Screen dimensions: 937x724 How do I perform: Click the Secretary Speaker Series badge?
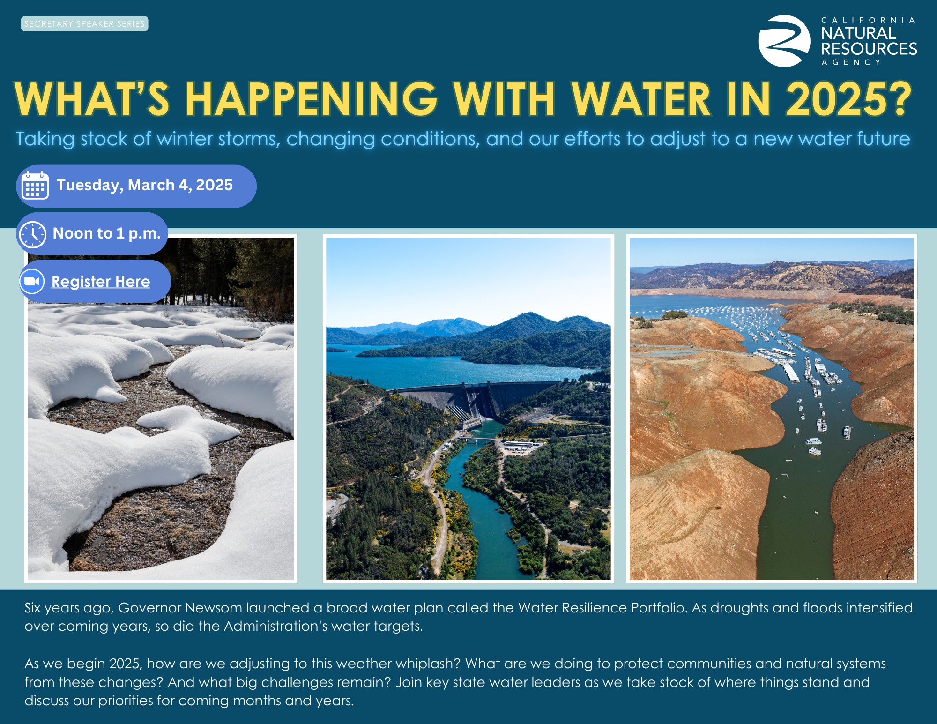(85, 24)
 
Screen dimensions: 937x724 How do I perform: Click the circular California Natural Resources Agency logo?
(784, 41)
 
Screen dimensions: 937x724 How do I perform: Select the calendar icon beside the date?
(35, 186)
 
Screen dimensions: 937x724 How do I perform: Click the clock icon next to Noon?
(32, 234)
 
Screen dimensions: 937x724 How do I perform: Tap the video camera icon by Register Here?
(32, 282)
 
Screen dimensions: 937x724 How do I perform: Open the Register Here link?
(101, 282)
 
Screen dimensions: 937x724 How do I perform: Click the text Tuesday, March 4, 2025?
(145, 185)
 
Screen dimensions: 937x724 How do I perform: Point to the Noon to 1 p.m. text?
(107, 233)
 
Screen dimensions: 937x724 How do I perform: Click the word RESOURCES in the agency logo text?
(869, 49)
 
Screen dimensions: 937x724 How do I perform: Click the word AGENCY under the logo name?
(851, 62)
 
